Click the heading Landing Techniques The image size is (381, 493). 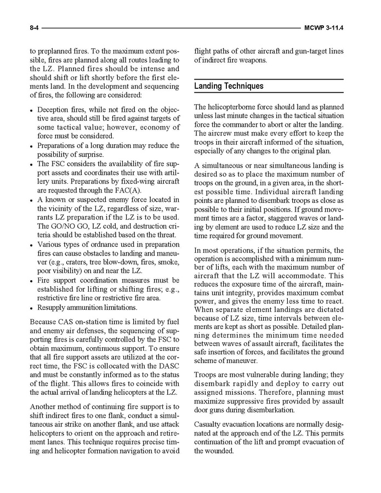pyautogui.click(x=229, y=86)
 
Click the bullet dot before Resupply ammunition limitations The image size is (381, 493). pyautogui.click(x=32, y=308)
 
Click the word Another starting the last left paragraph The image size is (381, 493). pyautogui.click(x=46, y=406)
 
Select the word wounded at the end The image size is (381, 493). pyautogui.click(x=220, y=451)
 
